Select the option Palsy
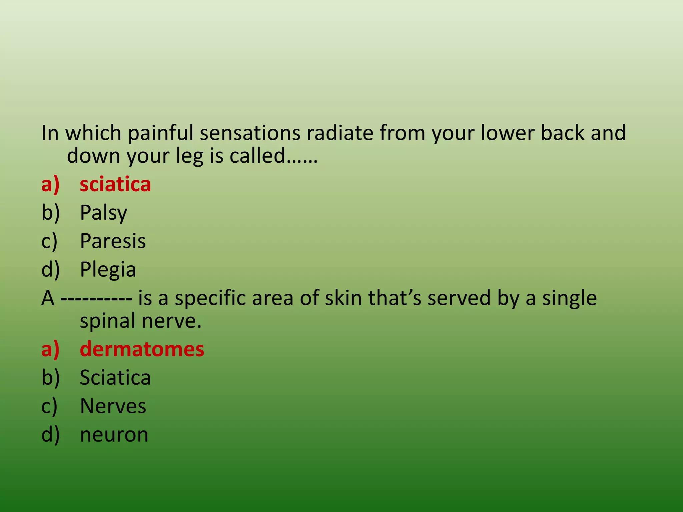coord(103,213)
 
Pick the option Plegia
coord(108,269)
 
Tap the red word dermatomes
coord(142,349)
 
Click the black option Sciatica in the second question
coord(115,378)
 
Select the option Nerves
coord(113,406)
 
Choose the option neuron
coord(114,435)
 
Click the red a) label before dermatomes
coord(50,349)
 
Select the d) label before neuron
coord(50,435)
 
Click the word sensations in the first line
coord(250,133)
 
